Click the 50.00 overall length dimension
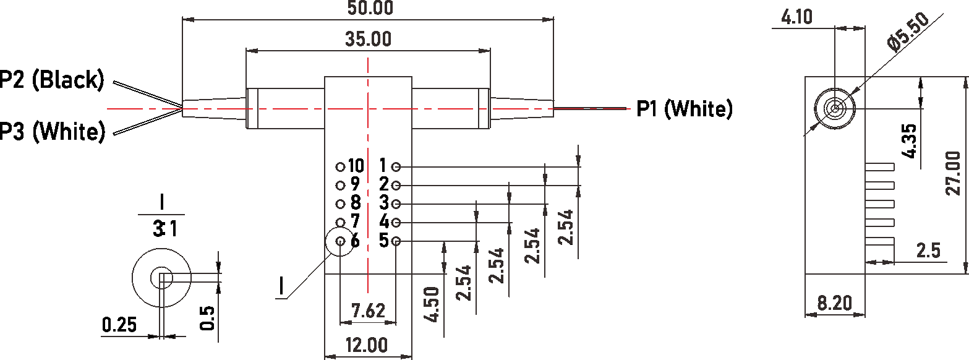click(x=370, y=8)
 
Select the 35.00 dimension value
click(x=368, y=39)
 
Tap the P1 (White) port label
click(x=685, y=109)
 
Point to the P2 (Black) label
click(x=52, y=80)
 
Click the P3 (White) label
click(x=53, y=131)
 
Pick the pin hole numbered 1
click(x=396, y=166)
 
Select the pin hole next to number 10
click(x=341, y=166)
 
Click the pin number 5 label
click(x=384, y=241)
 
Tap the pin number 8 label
click(x=355, y=202)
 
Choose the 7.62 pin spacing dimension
click(x=368, y=311)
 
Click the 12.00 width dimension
click(x=367, y=345)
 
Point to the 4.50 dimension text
click(x=433, y=304)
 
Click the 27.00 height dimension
click(x=953, y=173)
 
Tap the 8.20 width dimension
click(x=834, y=303)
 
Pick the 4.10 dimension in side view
click(x=797, y=17)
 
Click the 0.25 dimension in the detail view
click(x=119, y=325)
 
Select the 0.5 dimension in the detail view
click(x=208, y=318)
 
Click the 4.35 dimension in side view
click(x=910, y=141)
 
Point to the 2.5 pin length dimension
click(x=928, y=251)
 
